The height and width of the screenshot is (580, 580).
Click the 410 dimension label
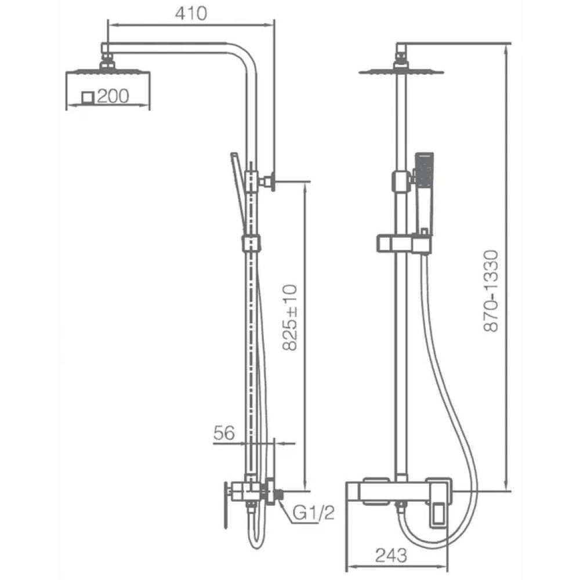pyautogui.click(x=191, y=14)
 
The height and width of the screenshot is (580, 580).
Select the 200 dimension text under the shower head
pyautogui.click(x=113, y=96)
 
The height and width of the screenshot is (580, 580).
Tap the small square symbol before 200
pyautogui.click(x=88, y=97)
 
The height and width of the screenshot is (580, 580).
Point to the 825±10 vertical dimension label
pyautogui.click(x=289, y=317)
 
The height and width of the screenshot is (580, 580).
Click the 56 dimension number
pyautogui.click(x=224, y=433)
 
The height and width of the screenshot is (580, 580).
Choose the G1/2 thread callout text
pyautogui.click(x=313, y=513)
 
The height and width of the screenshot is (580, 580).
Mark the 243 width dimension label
pyautogui.click(x=391, y=555)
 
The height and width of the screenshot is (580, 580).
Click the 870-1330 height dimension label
pyautogui.click(x=492, y=291)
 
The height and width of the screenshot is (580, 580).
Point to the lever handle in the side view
pyautogui.click(x=225, y=505)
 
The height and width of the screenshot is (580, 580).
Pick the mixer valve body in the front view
pyautogui.click(x=399, y=491)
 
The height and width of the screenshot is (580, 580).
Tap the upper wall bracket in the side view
pyautogui.click(x=267, y=181)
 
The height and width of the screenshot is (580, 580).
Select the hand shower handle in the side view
pyautogui.click(x=238, y=193)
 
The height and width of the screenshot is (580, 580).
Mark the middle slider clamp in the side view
pyautogui.click(x=251, y=244)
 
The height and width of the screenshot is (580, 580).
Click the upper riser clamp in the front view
pyautogui.click(x=401, y=181)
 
